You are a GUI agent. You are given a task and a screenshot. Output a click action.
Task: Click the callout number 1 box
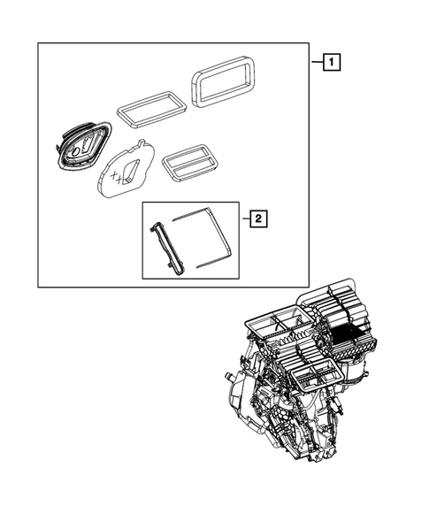pyautogui.click(x=329, y=63)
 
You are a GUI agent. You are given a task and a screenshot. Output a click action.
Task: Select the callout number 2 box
pyautogui.click(x=256, y=218)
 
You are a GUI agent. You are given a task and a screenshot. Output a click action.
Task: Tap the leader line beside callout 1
pyautogui.click(x=315, y=63)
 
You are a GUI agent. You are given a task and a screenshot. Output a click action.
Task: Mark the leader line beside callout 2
pyautogui.click(x=242, y=218)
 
